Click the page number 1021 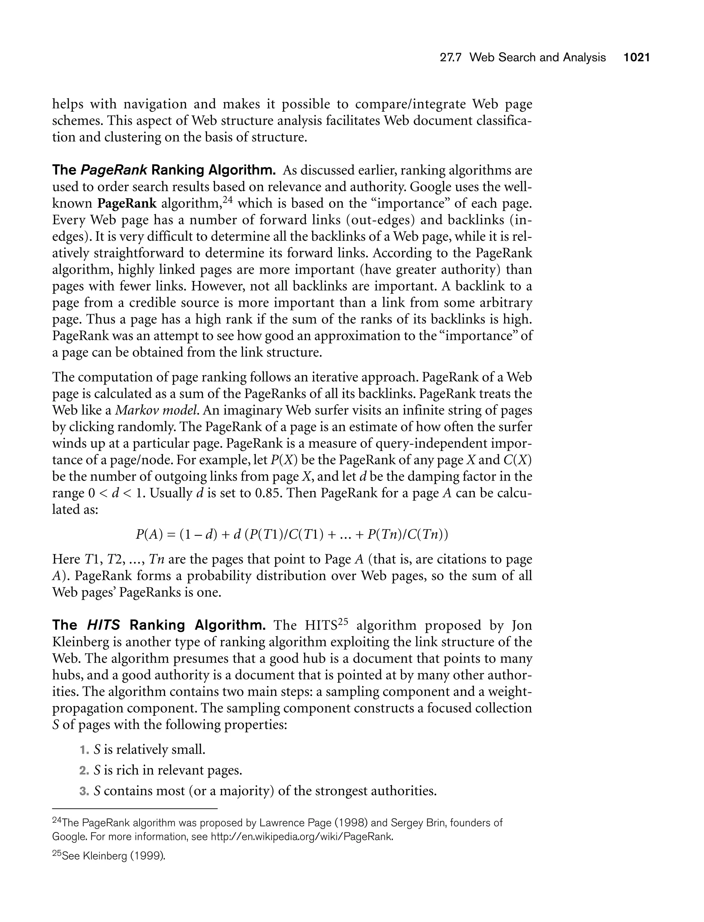tap(636, 57)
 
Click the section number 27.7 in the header tap(450, 57)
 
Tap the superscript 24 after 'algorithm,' tap(227, 200)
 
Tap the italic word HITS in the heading tap(103, 626)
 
